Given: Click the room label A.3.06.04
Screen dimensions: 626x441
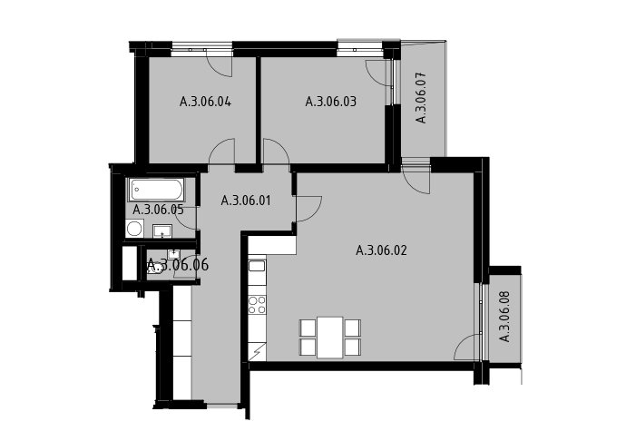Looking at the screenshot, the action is (x=205, y=102).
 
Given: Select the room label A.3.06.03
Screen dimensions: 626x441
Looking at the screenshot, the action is (x=330, y=102).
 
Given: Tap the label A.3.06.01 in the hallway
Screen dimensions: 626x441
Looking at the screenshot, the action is (x=246, y=201).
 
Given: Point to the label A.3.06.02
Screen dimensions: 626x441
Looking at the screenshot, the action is (x=381, y=250).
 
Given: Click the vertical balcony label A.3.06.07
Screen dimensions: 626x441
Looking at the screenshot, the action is (x=421, y=97).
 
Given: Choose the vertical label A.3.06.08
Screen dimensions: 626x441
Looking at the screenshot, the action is (x=505, y=317).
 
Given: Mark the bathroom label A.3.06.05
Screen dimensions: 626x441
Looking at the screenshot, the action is (x=158, y=210).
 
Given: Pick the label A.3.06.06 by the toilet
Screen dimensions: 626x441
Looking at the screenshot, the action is (x=178, y=264).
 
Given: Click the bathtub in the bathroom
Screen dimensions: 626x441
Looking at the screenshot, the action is (x=156, y=190).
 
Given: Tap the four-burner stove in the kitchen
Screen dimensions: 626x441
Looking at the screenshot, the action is (x=257, y=305).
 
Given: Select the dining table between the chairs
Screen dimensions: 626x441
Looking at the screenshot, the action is (x=330, y=338).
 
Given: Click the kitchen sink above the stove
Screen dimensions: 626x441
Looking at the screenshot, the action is (x=257, y=266).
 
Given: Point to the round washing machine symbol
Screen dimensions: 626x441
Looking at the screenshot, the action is (x=133, y=229).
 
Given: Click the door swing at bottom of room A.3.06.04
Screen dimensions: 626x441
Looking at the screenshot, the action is (x=221, y=151).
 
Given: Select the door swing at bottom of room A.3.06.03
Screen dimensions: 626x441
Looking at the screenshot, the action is (x=276, y=151).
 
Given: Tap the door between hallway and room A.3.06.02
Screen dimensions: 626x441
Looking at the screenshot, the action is (x=308, y=208).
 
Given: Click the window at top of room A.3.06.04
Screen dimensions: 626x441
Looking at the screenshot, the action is (x=201, y=50).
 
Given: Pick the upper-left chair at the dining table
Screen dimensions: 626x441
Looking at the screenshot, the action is (x=308, y=328).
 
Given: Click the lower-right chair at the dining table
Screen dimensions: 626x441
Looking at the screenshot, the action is (x=353, y=348).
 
